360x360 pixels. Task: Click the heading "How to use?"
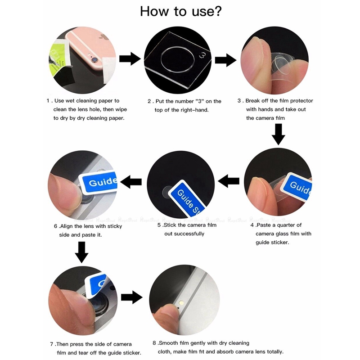181,12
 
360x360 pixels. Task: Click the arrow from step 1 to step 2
130,59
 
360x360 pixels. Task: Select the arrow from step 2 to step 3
225,60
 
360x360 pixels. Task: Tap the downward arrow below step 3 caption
279,134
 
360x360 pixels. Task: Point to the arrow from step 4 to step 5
229,181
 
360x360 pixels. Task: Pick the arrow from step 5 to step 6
131,182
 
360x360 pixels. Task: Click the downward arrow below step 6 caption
82,252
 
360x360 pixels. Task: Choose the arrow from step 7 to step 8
132,297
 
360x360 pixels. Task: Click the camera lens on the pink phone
95,60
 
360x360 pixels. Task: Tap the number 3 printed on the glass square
203,55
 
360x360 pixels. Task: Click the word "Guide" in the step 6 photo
103,181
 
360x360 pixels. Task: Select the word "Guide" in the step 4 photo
300,188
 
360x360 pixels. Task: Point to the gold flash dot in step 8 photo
182,302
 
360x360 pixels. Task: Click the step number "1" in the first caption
48,101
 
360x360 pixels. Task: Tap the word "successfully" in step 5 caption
184,234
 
